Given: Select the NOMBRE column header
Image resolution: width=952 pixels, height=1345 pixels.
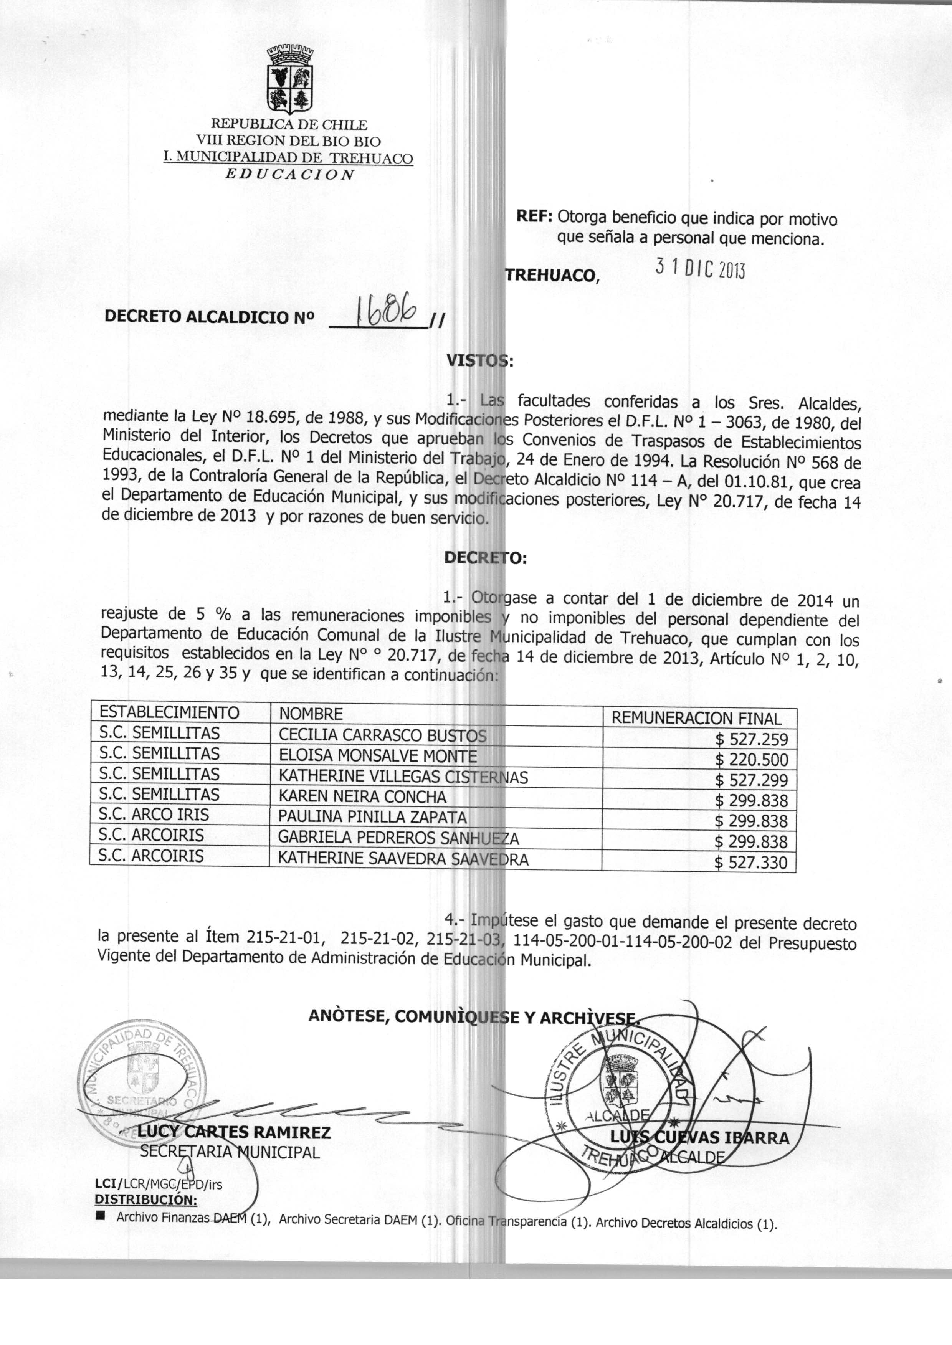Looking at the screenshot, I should (x=311, y=714).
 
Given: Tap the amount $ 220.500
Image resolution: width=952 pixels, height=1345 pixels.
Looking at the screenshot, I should (x=752, y=760).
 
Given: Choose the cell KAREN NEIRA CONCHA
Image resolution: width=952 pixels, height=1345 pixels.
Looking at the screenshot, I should (x=362, y=797).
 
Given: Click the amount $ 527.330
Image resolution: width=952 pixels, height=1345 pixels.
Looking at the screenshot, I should (x=752, y=863).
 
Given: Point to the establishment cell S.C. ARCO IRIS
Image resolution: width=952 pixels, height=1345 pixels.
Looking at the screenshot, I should (x=154, y=815).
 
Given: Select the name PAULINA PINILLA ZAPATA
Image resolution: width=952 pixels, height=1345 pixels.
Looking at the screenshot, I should (x=372, y=817).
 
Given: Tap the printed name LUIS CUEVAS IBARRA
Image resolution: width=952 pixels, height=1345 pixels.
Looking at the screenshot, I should (x=699, y=1138).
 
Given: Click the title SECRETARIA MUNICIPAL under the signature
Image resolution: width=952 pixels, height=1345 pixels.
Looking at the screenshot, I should (x=230, y=1152).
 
